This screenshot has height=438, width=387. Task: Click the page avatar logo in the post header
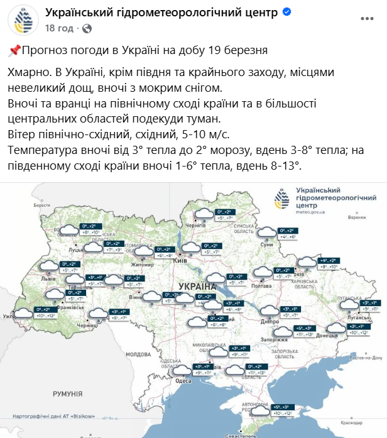pos(23,21)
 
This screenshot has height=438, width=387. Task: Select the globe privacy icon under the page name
pos(87,28)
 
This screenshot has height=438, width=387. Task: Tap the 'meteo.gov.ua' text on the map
pos(308,212)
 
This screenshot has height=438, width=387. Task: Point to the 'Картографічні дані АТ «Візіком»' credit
pos(54,415)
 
